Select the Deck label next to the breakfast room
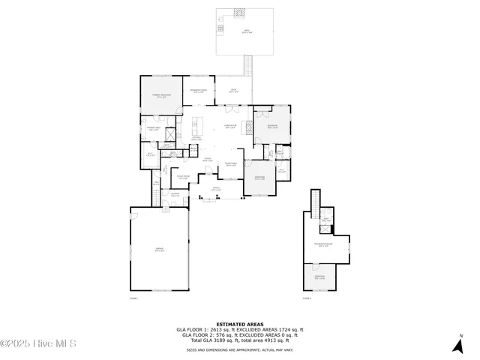pos(233,91)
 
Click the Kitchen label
pos(196,139)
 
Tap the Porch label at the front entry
pos(216,190)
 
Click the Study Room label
pos(183,178)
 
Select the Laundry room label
pos(175,194)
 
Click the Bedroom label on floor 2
pos(319,277)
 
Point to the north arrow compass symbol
pos(457,344)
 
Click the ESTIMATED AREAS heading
pos(239,324)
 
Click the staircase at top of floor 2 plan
pos(316,200)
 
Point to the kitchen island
pos(198,124)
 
